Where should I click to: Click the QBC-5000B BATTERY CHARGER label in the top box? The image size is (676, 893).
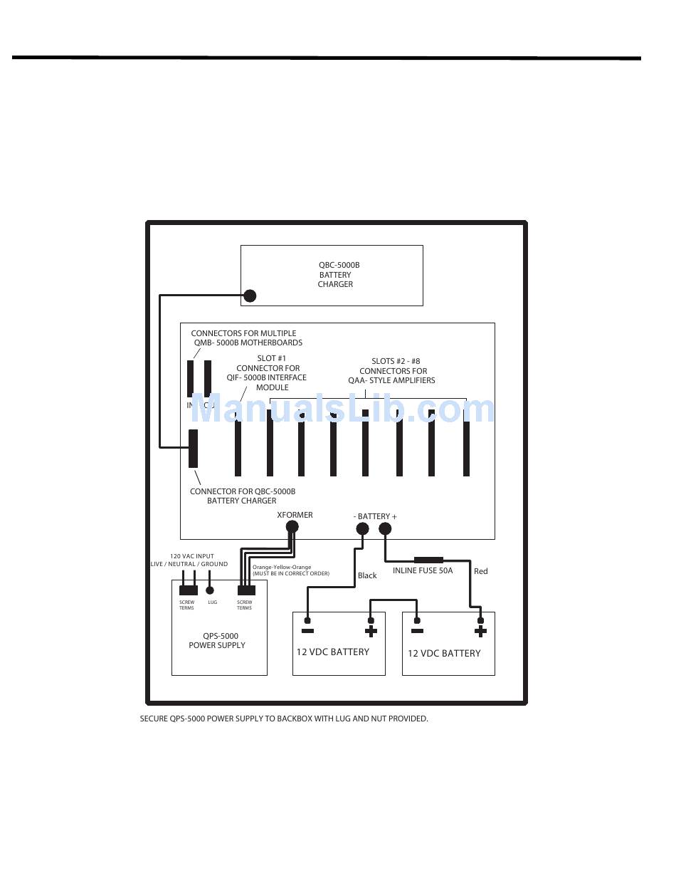(335, 275)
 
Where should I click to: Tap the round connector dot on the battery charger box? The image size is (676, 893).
(250, 296)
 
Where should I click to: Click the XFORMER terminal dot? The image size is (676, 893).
(292, 527)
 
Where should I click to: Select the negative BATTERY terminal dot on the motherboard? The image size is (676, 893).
(362, 528)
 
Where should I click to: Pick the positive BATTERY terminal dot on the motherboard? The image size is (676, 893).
(385, 528)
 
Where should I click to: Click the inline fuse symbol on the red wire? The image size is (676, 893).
(428, 560)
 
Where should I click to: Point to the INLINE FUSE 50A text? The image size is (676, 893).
(423, 571)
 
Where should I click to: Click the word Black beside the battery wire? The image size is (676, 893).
(367, 575)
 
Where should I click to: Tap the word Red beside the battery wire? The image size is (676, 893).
(481, 571)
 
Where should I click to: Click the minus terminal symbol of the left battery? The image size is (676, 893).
(307, 631)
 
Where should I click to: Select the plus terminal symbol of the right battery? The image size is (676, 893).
(480, 632)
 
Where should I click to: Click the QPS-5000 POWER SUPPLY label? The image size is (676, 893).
(217, 641)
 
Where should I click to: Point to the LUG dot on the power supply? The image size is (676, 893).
(209, 590)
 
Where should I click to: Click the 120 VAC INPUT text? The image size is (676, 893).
(191, 556)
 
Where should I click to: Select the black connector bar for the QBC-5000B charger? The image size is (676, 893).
(193, 449)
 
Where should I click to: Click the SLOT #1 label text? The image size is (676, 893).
(271, 359)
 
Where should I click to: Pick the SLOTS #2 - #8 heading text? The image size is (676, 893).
(393, 362)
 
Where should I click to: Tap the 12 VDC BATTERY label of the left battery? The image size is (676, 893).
(332, 652)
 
